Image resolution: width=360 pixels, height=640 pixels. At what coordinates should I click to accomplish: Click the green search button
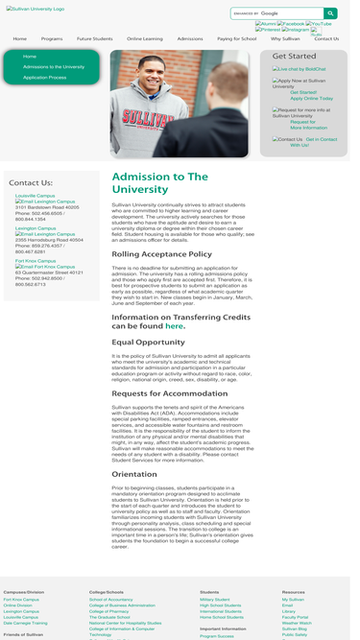coord(330,13)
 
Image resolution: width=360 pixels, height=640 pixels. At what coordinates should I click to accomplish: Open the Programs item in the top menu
coord(52,38)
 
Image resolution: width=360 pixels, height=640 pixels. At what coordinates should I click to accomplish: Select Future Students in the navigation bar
coord(94,38)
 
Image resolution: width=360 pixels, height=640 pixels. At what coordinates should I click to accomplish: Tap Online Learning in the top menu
coord(145,38)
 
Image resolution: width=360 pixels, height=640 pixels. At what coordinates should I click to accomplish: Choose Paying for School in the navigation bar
coord(236,38)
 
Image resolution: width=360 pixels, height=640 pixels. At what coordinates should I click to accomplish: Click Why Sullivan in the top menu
coord(284,38)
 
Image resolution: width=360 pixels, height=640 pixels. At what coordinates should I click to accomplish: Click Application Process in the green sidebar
coord(44,77)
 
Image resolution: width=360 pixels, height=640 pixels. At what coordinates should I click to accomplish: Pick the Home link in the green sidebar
coord(30,57)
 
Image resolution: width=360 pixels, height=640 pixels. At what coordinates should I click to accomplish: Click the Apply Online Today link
coord(311,98)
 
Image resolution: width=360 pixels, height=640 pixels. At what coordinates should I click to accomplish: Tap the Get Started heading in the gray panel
coord(294,57)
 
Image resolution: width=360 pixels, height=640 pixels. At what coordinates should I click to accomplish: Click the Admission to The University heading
coord(159,182)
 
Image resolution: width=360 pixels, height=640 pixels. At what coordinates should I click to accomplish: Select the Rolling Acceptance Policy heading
coord(161,254)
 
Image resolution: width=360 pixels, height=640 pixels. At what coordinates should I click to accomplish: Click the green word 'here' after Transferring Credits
coord(174,326)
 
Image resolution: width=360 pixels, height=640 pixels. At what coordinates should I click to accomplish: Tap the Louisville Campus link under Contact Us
coord(35,195)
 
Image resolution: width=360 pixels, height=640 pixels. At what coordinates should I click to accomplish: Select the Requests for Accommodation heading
coord(169,392)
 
